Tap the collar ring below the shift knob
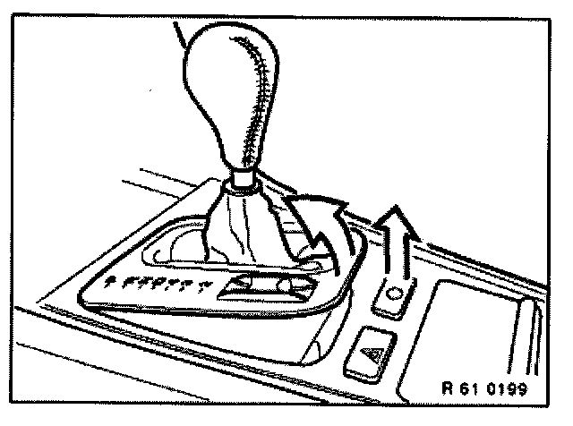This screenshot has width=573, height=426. (x=240, y=184)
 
